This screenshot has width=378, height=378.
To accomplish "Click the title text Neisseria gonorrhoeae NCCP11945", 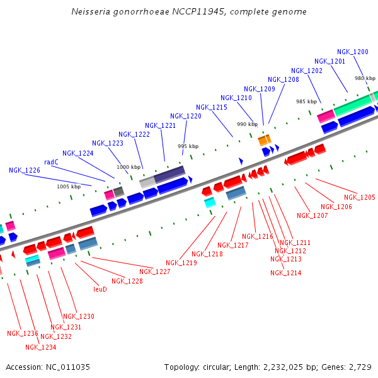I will click(188, 11).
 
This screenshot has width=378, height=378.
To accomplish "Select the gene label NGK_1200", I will click(353, 52).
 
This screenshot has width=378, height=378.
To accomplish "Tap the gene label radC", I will click(51, 162).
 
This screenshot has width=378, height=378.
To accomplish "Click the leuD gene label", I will click(100, 289).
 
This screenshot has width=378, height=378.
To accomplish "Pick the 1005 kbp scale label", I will click(69, 186).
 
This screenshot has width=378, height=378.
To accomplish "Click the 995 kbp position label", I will click(188, 146).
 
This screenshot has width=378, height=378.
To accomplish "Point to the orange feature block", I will click(265, 140).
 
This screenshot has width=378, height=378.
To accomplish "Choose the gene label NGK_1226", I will click(25, 170).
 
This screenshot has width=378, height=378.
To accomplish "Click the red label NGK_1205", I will click(359, 197).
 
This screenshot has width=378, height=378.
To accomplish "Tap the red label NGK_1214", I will click(286, 273).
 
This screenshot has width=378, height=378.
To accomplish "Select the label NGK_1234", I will click(41, 347).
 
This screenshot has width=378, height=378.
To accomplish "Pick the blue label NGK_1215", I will click(211, 107).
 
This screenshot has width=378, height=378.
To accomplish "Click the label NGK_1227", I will click(155, 272).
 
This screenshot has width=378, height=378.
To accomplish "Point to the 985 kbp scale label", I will click(306, 101).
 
